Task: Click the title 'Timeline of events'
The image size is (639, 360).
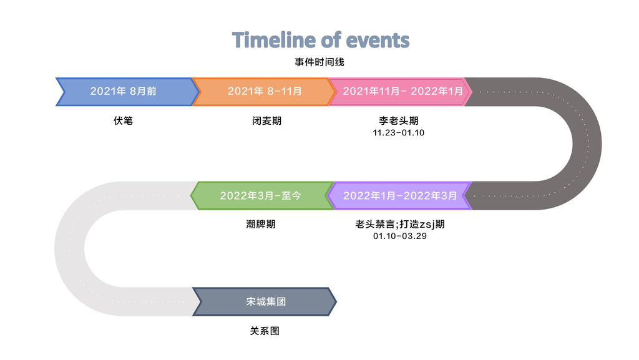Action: (320, 40)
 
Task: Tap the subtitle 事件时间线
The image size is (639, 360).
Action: (319, 62)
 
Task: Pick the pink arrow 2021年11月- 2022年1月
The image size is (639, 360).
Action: (400, 91)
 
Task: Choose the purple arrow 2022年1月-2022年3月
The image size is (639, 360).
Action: (399, 195)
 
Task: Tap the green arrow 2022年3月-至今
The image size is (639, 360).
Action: (262, 195)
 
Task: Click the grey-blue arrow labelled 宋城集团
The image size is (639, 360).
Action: (265, 302)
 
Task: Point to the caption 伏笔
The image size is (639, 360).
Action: (123, 120)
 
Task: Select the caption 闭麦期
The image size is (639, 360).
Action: (266, 120)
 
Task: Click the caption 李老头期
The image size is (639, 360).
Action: (399, 120)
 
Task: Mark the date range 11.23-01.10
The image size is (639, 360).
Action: (399, 133)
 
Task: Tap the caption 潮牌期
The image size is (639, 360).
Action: (261, 224)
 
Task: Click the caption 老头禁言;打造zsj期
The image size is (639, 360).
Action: (400, 224)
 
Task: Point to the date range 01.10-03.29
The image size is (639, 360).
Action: (400, 236)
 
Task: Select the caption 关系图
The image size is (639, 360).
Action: (265, 331)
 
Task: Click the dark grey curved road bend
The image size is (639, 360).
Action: (587, 144)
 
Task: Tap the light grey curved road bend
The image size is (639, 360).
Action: (70, 249)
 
